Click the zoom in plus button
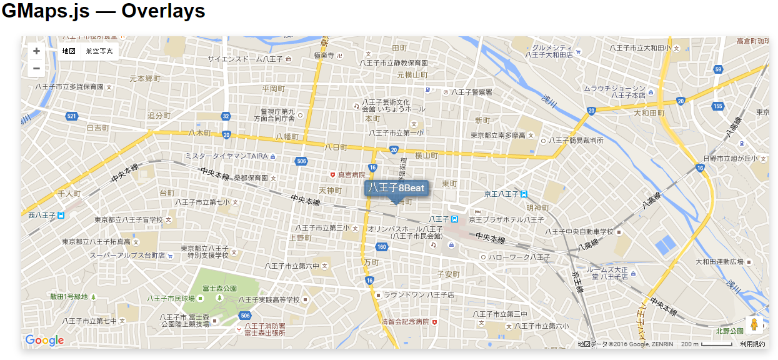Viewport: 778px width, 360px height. click(x=36, y=51)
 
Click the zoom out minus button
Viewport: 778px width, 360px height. click(x=36, y=68)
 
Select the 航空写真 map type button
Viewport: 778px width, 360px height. click(x=99, y=51)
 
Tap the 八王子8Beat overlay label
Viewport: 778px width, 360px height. click(x=396, y=188)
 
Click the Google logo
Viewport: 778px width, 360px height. click(x=44, y=340)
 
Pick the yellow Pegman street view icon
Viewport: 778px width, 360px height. click(x=754, y=325)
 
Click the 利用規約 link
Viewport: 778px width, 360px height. click(x=752, y=344)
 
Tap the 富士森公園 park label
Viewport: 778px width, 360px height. click(x=219, y=289)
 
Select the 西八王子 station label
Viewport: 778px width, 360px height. click(x=42, y=216)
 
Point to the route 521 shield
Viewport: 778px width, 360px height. click(x=72, y=116)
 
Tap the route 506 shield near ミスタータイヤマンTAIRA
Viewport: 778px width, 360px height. click(x=302, y=161)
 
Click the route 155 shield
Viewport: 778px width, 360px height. click(x=718, y=106)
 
